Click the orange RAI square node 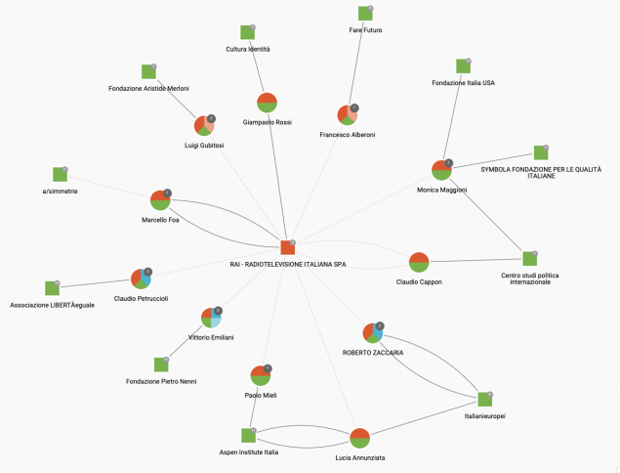pos(288,247)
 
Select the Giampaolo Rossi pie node pos(267,103)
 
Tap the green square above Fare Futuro pos(365,14)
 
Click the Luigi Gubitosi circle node pos(204,125)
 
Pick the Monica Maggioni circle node pos(441,170)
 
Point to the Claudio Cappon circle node pos(419,262)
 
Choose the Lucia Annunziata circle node pos(360,438)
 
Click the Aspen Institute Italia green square pos(248,436)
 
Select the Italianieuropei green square pos(484,400)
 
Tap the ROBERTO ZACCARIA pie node pos(373,332)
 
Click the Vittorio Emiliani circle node pos(211,318)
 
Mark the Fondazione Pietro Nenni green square pos(161,365)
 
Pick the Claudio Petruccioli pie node pos(142,279)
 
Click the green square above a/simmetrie pos(61,174)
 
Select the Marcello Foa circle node pos(160,200)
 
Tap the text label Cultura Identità pos(248,49)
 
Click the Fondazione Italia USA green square pos(463,66)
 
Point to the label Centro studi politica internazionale pos(530,279)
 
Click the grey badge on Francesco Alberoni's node pos(354,108)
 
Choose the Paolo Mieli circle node pos(261,375)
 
